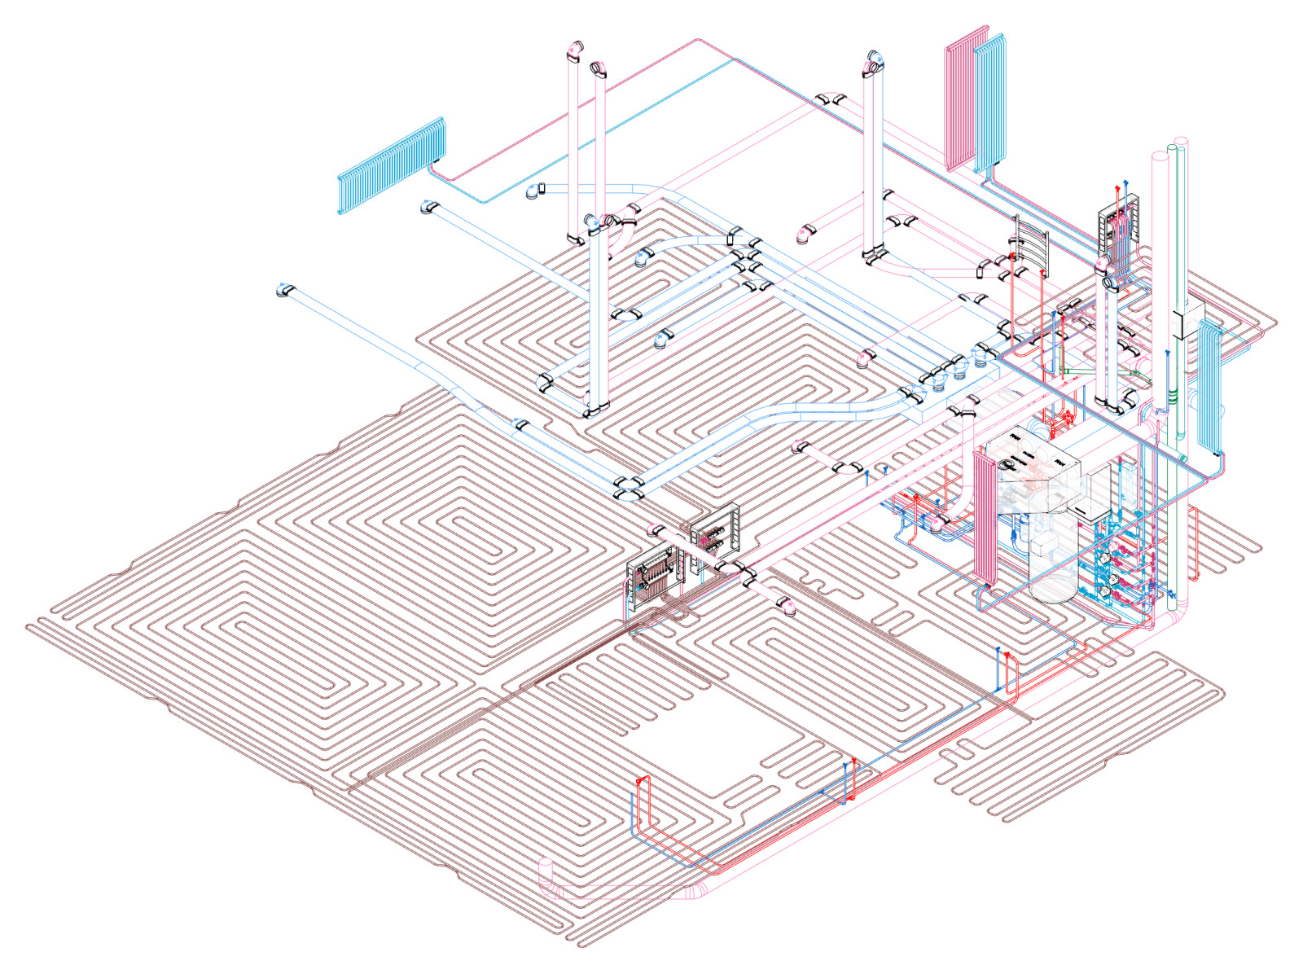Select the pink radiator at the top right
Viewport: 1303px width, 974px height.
click(x=965, y=98)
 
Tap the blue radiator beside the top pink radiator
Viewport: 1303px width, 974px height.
click(x=990, y=102)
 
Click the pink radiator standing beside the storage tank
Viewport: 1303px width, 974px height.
click(x=984, y=517)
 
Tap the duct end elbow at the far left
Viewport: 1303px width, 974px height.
click(x=284, y=289)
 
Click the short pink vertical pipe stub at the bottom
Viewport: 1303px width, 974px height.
click(x=545, y=876)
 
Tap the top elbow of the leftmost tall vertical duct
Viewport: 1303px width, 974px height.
click(x=575, y=51)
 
